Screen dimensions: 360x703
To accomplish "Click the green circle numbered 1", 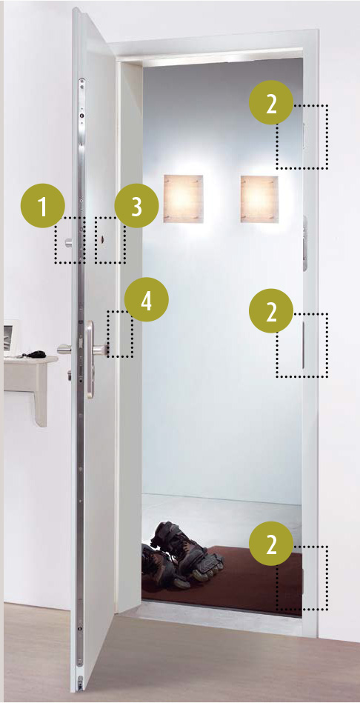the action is tap(42, 206).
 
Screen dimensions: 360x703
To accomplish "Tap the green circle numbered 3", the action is tap(137, 206).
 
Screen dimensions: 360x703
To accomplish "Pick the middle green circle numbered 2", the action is tap(271, 310).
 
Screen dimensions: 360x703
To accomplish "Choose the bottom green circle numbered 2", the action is tap(271, 544).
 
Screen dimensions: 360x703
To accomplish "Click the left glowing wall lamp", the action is tap(183, 199).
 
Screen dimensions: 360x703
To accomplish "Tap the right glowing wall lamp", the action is tap(259, 199).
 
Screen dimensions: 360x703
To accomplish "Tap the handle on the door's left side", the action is tap(65, 348).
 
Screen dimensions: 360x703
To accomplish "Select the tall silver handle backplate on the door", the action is tap(90, 359).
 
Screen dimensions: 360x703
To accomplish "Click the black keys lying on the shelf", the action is tap(35, 354).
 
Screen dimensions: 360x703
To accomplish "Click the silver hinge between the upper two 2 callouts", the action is tap(305, 242).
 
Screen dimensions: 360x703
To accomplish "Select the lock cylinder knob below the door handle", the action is tap(70, 373).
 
